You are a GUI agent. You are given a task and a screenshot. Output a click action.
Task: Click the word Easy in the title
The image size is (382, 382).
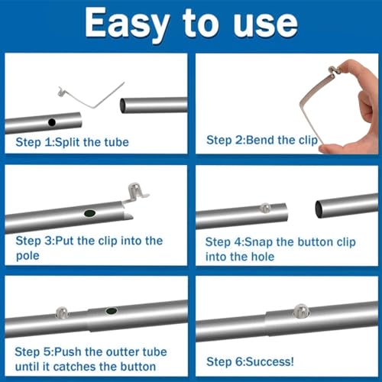128,24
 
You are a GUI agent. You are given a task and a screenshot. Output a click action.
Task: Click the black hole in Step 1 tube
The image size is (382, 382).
52,122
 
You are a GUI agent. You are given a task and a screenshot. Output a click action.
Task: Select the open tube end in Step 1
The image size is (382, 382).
123,106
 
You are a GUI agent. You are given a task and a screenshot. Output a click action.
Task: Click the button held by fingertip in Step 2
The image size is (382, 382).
333,70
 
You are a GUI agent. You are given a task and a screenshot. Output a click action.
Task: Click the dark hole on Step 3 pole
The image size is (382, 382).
90,213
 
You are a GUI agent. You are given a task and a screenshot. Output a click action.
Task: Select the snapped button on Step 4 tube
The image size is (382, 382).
265,207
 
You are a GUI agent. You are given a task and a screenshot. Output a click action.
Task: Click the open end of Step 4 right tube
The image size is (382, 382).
319,209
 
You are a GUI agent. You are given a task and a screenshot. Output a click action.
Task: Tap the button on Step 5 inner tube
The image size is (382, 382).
62,312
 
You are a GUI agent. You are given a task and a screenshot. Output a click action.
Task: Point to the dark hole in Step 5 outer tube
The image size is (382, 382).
112,311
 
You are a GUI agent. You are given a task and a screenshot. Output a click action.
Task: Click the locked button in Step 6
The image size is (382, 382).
301,311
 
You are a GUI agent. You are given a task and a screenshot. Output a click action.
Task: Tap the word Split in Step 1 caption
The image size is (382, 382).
67,142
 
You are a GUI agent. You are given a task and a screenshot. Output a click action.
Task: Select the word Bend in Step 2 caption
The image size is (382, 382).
261,140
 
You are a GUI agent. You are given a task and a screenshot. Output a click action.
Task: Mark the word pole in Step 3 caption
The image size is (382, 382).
28,256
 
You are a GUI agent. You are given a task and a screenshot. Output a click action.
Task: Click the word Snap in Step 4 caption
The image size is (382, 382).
258,242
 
